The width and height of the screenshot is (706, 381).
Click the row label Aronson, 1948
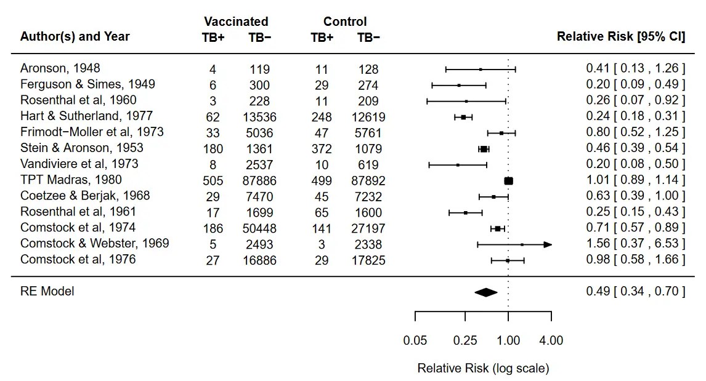tap(60, 68)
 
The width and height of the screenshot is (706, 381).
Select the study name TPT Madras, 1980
tap(71, 180)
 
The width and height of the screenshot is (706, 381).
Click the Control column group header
tap(345, 22)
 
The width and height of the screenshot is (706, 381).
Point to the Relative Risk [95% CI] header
tap(620, 37)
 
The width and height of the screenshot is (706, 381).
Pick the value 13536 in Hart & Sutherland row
tap(259, 117)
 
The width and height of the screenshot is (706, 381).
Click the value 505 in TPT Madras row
tap(213, 181)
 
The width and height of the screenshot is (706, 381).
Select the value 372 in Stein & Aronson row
tap(322, 149)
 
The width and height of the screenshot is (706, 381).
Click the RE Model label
tap(47, 291)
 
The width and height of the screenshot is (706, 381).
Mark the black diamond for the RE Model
tap(485, 292)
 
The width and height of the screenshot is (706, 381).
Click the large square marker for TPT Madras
tap(508, 181)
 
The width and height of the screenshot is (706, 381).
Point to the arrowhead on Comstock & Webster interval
tap(548, 244)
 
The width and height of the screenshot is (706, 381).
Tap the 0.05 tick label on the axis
tap(415, 340)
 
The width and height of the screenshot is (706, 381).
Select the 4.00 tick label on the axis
tap(551, 340)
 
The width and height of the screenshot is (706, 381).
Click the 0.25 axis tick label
tap(465, 340)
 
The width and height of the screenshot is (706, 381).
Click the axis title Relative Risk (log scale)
tap(483, 369)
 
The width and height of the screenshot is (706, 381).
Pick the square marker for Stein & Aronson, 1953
tap(484, 149)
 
